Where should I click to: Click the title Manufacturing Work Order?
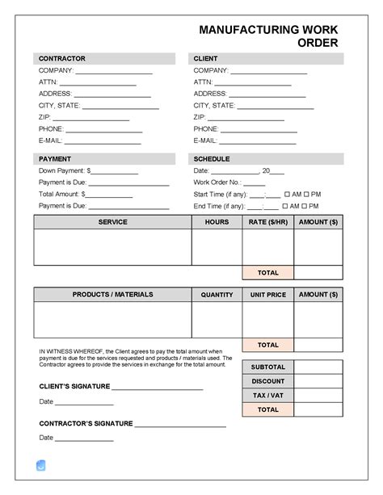(x=268, y=36)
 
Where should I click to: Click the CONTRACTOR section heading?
(x=61, y=59)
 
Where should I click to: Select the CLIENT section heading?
(x=205, y=59)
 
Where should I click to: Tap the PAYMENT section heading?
(x=55, y=159)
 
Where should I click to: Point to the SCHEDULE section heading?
(x=212, y=159)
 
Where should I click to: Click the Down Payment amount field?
(x=116, y=173)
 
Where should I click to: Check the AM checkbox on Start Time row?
(x=286, y=195)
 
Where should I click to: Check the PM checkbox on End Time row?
(x=307, y=206)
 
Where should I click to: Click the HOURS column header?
(x=217, y=222)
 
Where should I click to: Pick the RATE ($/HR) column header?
(x=267, y=222)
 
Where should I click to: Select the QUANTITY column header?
(x=217, y=295)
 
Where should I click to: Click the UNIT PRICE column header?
(x=267, y=295)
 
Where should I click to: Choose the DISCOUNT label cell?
(x=267, y=381)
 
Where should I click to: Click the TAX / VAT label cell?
(x=267, y=396)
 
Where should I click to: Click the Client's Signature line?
(x=157, y=388)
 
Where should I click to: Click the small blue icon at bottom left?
(x=41, y=465)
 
